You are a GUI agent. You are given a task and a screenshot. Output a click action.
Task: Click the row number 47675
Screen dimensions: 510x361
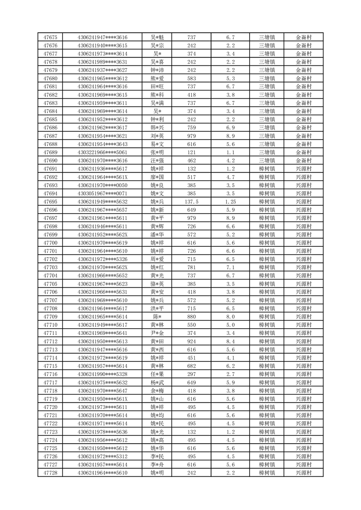click(x=50, y=37)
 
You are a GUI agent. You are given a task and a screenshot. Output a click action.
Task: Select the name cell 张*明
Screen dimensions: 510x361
click(x=157, y=152)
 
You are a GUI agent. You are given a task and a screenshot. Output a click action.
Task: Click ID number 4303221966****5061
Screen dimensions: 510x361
click(x=103, y=152)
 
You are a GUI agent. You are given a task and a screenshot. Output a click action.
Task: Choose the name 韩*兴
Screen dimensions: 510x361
click(x=157, y=128)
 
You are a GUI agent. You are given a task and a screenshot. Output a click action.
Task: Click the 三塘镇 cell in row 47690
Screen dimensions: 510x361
click(x=266, y=160)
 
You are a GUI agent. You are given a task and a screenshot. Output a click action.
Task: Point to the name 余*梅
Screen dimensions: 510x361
click(x=157, y=391)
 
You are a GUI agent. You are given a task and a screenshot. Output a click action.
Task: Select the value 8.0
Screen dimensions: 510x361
click(x=230, y=317)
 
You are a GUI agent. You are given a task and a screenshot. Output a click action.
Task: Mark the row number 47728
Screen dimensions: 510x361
click(x=50, y=473)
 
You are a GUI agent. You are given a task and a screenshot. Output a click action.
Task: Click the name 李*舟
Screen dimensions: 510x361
click(x=157, y=465)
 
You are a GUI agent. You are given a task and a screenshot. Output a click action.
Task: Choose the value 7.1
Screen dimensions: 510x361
click(x=230, y=267)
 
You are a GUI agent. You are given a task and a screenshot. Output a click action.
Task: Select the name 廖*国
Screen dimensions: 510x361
click(x=157, y=177)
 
